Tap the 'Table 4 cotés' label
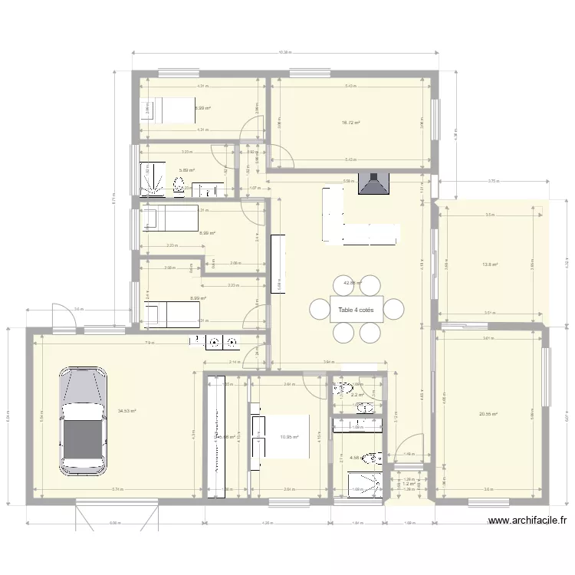tap(356, 310)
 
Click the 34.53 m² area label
tap(127, 411)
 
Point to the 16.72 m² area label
tap(351, 123)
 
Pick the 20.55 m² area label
tap(488, 415)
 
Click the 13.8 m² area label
tap(490, 265)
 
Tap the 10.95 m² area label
tap(289, 437)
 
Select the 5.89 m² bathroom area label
tap(186, 171)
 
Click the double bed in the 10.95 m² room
tap(281, 437)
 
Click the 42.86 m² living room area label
tap(352, 283)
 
